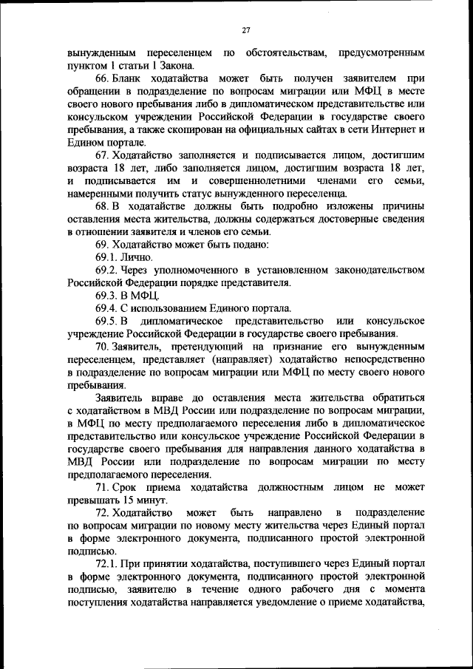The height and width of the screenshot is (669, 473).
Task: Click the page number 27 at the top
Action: pos(246,30)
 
